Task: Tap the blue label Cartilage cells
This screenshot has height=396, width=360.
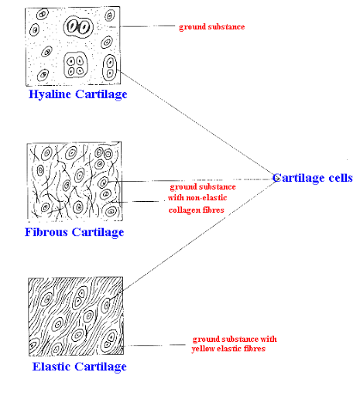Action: [312, 178]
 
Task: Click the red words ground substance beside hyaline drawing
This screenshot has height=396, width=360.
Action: [211, 27]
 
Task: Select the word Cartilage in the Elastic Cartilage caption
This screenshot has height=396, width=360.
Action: [101, 367]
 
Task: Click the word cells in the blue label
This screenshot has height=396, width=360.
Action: [339, 178]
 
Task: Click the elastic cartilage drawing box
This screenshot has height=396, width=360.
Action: [74, 317]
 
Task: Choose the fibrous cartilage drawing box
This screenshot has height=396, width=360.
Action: [74, 183]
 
